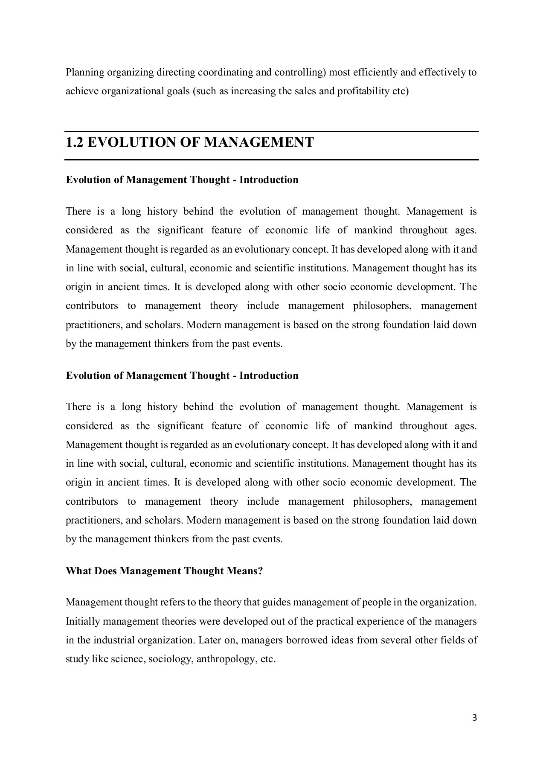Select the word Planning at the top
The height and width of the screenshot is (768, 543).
coord(85,73)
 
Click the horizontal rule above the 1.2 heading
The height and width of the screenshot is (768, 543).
coord(271,132)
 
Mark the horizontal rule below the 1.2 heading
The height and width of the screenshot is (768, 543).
coord(271,160)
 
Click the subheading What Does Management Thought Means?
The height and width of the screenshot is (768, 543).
coord(164,571)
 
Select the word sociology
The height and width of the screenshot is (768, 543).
coord(170,659)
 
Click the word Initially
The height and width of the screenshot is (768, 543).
coord(83,621)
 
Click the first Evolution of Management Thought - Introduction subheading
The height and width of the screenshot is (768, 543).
coord(182,180)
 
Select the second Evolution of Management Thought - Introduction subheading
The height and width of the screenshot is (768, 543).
coord(182,375)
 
